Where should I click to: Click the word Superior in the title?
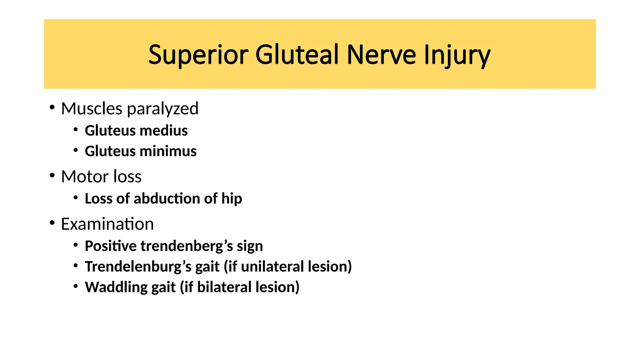(198, 55)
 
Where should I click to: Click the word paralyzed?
(162, 109)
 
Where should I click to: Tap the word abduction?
(167, 198)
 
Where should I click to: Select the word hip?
(232, 199)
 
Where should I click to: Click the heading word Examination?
(107, 224)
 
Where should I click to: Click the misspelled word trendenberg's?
(187, 246)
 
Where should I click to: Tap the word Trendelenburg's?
(138, 267)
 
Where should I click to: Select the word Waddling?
(116, 287)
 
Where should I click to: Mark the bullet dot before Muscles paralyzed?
(52, 108)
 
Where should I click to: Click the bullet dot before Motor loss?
(52, 176)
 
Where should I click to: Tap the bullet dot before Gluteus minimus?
(76, 150)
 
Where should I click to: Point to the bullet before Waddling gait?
(76, 286)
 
